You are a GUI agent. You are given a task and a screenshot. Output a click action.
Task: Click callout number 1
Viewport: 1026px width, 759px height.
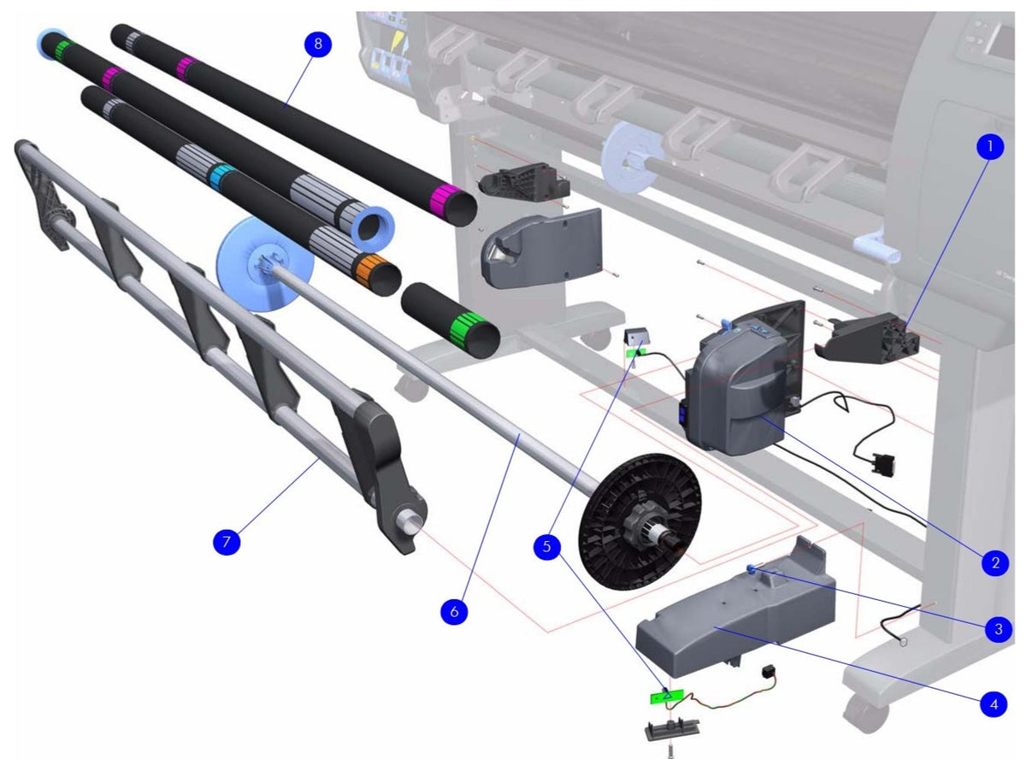tap(989, 147)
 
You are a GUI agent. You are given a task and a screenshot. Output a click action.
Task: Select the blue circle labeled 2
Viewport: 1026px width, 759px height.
tap(994, 562)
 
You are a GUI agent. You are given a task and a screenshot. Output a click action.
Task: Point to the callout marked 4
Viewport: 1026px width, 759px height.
tap(993, 705)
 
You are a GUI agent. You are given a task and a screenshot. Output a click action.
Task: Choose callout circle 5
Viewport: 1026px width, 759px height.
tap(548, 547)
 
